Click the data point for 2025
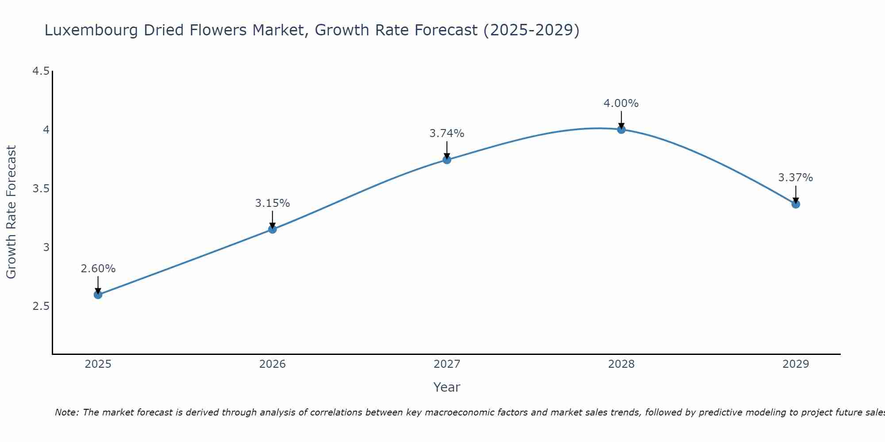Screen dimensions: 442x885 98,294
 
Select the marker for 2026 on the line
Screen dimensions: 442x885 272,229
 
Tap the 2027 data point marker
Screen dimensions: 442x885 446,160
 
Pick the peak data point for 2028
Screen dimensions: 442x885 621,129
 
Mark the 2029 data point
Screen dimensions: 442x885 795,204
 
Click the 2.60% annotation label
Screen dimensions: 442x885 98,269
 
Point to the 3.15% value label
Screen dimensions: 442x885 272,203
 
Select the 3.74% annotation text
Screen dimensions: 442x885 446,133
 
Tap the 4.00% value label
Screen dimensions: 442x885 621,103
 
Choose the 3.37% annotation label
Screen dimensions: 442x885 795,178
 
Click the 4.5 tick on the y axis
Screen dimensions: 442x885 41,71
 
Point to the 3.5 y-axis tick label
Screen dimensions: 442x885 41,189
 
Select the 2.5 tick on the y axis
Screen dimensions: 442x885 41,306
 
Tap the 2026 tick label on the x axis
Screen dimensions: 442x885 272,364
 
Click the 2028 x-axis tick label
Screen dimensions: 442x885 621,364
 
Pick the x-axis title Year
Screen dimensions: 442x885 446,387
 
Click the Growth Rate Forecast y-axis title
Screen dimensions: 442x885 11,212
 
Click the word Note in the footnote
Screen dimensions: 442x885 66,412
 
